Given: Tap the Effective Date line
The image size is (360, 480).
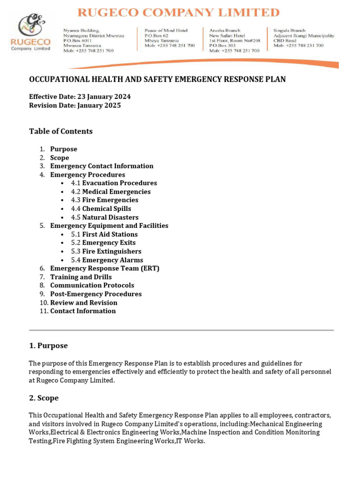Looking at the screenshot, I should pos(80,97).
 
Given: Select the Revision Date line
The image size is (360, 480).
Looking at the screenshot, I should pos(75,105).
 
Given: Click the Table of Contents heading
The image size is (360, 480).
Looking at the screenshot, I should pos(61,131).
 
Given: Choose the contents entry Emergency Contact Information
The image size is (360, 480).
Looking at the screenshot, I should pos(102,166).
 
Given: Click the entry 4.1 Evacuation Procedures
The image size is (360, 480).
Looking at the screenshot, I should pos(114,183).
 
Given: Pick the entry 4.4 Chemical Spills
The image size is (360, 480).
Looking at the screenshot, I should pos(101,209).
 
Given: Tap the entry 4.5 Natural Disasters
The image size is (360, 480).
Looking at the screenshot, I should pos(105,217).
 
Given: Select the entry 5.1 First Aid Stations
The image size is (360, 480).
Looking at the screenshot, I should pos(104,234).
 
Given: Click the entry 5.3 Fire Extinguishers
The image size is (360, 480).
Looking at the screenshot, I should pos(106,251).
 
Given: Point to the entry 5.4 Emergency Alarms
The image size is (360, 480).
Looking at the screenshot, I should pos(107,260).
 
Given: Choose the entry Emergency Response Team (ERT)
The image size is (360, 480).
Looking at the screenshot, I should pos(105,268).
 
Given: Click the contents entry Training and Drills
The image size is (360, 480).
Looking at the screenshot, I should pos(81,277).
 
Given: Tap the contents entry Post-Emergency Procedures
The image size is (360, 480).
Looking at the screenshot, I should pos(96,294).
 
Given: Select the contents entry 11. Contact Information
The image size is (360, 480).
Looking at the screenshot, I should pos(82,311).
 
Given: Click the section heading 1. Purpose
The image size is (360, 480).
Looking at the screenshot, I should pos(48,345).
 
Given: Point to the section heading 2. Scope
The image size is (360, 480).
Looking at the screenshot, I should pos(44,398).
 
